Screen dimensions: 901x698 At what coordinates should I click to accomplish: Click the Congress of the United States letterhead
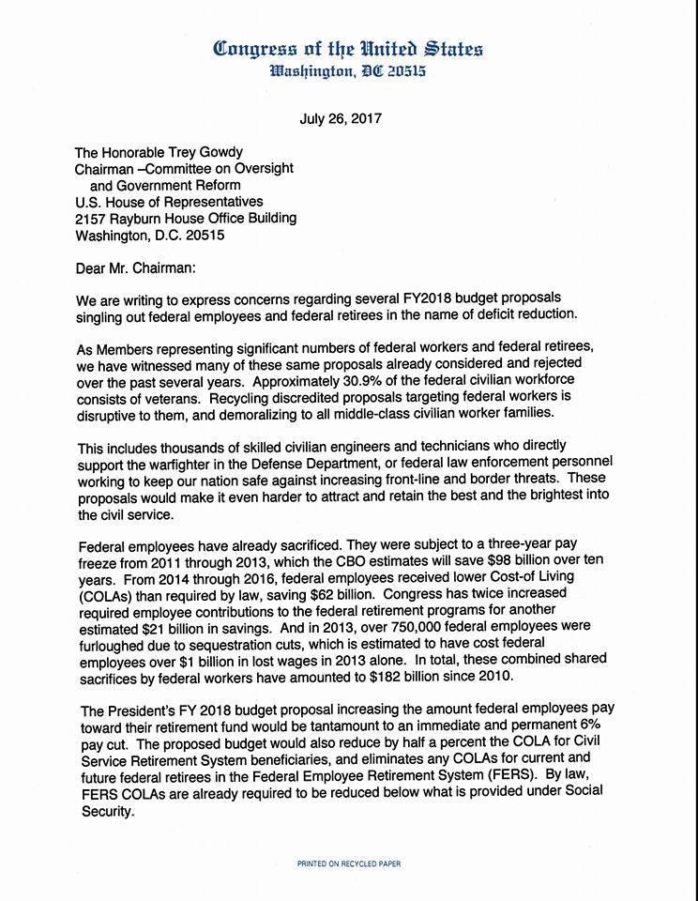[348, 48]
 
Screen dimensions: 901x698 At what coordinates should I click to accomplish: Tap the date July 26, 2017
[341, 119]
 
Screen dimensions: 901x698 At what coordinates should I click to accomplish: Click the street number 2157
[92, 218]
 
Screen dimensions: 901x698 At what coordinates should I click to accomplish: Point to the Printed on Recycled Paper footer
[349, 862]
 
